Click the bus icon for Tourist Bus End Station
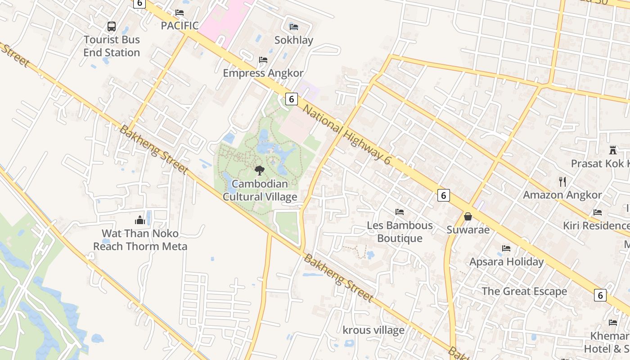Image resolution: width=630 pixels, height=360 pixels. tap(112, 27)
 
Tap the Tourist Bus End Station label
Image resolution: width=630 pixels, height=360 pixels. tap(112, 46)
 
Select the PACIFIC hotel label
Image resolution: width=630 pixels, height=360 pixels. tap(180, 26)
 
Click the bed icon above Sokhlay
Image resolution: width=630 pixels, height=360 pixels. tap(294, 27)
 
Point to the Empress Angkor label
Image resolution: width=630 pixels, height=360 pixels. tap(263, 73)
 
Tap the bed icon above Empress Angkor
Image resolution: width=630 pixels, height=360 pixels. tap(263, 59)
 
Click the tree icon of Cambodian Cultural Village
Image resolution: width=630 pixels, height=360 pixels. tap(259, 170)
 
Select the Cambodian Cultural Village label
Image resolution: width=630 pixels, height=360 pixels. tap(260, 190)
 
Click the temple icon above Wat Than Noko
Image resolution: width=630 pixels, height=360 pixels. tap(140, 220)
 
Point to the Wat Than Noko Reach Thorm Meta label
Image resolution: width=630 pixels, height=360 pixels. tap(140, 240)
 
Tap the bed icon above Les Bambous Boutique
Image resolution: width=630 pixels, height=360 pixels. tap(400, 212)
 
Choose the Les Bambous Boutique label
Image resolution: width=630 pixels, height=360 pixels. tap(400, 232)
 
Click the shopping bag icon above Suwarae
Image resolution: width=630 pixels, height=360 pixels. tap(468, 216)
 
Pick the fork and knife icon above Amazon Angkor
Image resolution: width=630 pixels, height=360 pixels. tap(562, 181)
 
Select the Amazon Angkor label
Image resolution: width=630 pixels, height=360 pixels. tap(562, 195)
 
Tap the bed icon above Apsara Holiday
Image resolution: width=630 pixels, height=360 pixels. tap(506, 248)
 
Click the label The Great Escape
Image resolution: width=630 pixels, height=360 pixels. tap(524, 291)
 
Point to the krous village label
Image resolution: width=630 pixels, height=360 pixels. tap(373, 330)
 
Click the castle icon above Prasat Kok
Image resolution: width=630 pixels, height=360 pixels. tap(612, 150)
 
